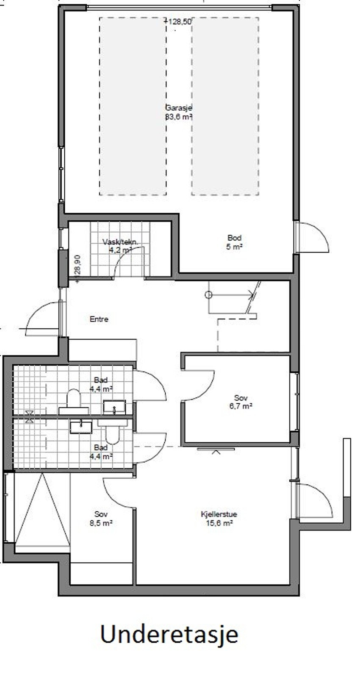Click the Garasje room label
click(x=178, y=112)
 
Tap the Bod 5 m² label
click(x=234, y=242)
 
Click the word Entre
click(x=99, y=319)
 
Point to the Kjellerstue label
click(x=219, y=519)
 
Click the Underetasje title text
click(x=169, y=634)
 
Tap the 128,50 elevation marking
click(x=179, y=22)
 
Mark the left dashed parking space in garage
click(x=133, y=106)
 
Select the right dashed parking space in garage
click(x=225, y=106)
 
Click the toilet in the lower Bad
click(x=113, y=433)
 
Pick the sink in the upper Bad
click(x=114, y=407)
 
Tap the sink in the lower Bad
click(x=80, y=427)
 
